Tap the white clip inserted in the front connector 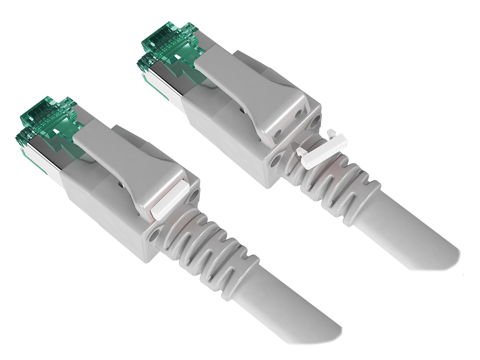(166, 199)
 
